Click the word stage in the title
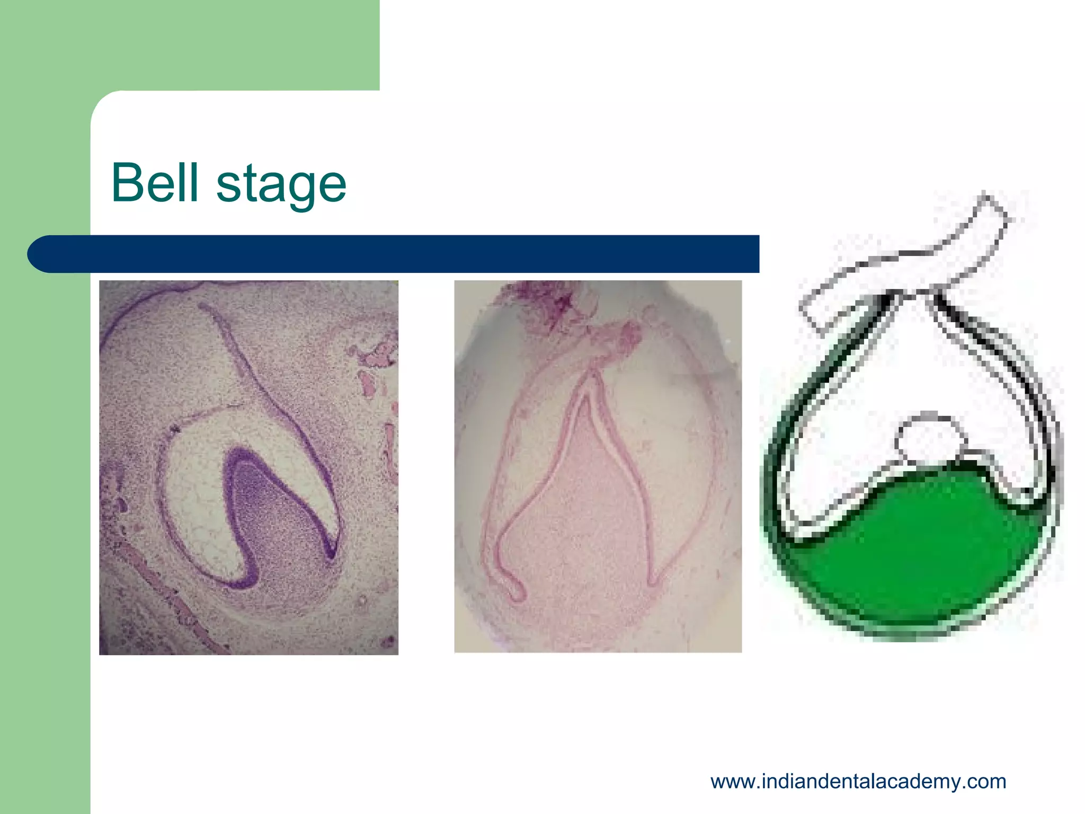(281, 185)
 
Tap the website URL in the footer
(858, 782)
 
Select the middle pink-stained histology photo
(598, 466)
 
